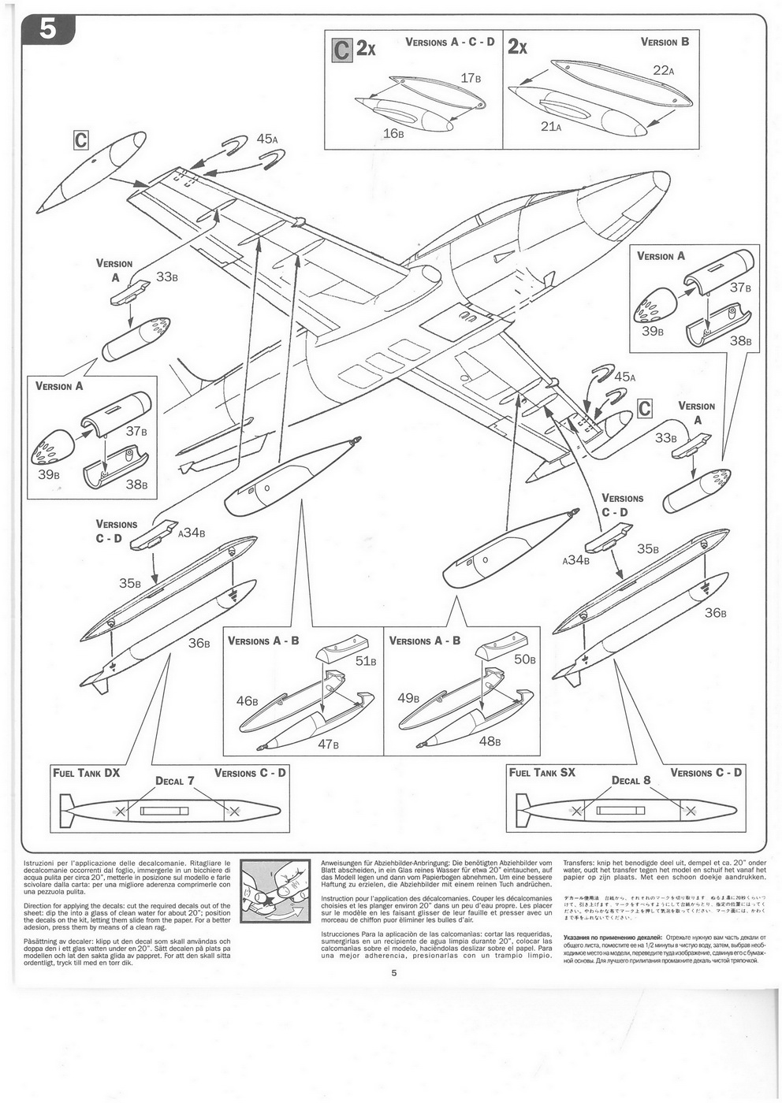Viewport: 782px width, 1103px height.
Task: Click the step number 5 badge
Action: pyautogui.click(x=48, y=28)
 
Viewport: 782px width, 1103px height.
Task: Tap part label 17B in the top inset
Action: pyautogui.click(x=471, y=78)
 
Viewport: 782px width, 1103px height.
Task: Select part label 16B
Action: pyautogui.click(x=393, y=132)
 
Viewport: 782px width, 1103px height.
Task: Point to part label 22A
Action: pyautogui.click(x=664, y=70)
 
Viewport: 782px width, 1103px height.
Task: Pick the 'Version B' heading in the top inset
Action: pyautogui.click(x=665, y=42)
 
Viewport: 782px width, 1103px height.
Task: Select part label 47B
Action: pyautogui.click(x=328, y=743)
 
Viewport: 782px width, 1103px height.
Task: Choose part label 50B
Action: pyautogui.click(x=524, y=659)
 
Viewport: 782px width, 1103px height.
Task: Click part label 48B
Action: pyautogui.click(x=490, y=741)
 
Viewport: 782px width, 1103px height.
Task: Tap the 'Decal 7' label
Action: pyautogui.click(x=175, y=781)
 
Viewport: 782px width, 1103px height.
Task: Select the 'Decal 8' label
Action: pyautogui.click(x=631, y=781)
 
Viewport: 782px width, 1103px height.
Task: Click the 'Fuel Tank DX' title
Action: pyautogui.click(x=87, y=773)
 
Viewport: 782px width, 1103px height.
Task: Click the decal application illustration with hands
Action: pyautogui.click(x=274, y=893)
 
